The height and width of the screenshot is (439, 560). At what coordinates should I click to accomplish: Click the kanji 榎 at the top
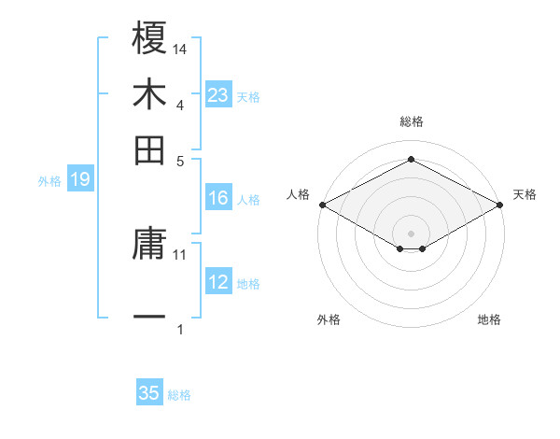149,38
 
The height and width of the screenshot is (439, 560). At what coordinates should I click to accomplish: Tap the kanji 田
149,149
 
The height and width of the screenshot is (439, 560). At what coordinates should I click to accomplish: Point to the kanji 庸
149,245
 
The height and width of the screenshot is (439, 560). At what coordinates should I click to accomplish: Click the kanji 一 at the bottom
149,318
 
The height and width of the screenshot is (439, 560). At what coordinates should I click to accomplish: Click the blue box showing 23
217,94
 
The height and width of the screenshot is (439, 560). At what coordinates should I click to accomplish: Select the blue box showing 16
217,198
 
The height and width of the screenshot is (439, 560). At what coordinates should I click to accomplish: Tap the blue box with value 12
217,282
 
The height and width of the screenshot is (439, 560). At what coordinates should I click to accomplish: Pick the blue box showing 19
79,179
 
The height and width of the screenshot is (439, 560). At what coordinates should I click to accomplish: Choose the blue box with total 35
149,393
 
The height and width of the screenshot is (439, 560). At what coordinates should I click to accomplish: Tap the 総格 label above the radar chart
411,121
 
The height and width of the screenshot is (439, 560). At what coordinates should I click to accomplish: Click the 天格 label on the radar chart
525,194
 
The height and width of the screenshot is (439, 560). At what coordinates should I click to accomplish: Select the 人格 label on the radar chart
298,194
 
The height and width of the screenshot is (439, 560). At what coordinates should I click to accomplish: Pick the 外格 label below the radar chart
329,320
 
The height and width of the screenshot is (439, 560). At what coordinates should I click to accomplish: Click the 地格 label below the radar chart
489,320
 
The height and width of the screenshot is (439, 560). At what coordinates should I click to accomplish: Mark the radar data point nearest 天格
501,204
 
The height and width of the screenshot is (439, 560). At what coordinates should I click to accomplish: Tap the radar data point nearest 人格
321,204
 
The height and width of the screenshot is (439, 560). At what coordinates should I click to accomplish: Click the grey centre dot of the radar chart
411,233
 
